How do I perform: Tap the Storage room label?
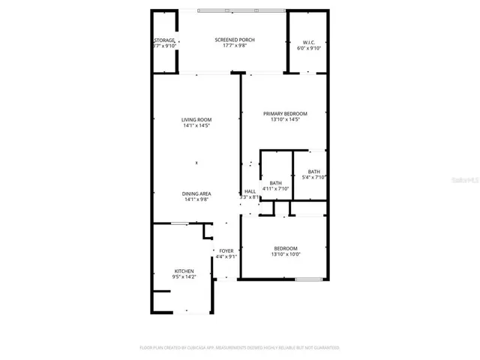point(164,40)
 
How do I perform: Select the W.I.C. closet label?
point(310,41)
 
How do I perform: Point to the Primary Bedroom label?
point(284,113)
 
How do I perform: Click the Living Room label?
point(196,120)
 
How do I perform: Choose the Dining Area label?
point(196,193)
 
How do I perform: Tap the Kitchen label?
point(184,271)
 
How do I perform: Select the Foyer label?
point(226,250)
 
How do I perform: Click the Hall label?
point(250,191)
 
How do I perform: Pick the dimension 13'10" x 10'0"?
point(284,255)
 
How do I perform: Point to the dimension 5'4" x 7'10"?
point(313,178)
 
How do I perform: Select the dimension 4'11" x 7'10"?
point(276,189)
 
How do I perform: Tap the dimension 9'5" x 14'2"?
point(184,277)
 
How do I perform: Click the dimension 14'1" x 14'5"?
point(196,126)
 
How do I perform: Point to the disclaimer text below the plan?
point(240,348)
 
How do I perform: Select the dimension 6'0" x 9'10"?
point(310,47)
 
